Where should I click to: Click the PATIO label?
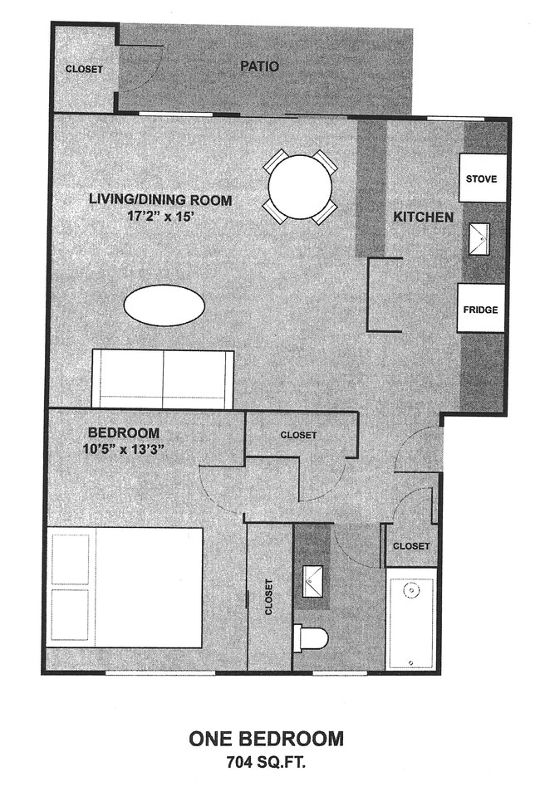point(260,66)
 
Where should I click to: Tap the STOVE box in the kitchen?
point(482,178)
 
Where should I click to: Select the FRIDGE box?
point(482,309)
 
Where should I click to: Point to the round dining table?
point(300,186)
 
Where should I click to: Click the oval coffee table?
point(164,305)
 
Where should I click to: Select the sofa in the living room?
point(163,379)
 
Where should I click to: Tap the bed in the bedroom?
point(125,588)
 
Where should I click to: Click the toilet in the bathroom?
point(312,637)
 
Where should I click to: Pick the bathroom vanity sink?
point(313,581)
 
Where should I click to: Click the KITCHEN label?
point(423,217)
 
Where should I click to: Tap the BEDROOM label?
point(124,432)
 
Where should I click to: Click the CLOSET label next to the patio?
point(84,69)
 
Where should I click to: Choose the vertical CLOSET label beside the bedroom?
point(269,596)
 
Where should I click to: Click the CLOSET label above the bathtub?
point(410,546)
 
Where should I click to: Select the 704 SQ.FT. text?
point(266,761)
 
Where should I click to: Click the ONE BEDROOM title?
point(266,739)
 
